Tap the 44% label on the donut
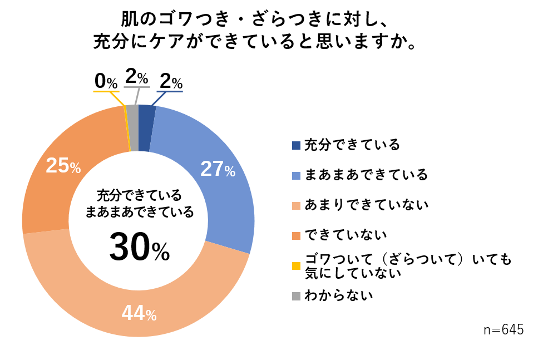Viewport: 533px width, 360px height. coord(139,314)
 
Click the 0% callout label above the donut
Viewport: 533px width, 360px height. coord(106,82)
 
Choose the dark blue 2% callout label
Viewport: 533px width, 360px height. coord(170,82)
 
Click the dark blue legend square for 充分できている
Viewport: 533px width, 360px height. coord(296,146)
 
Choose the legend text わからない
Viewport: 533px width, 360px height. coord(339,295)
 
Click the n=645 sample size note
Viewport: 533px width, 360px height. coord(504,329)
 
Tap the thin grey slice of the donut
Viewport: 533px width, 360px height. coord(132,112)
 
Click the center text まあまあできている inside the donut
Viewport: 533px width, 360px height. coord(139,212)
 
